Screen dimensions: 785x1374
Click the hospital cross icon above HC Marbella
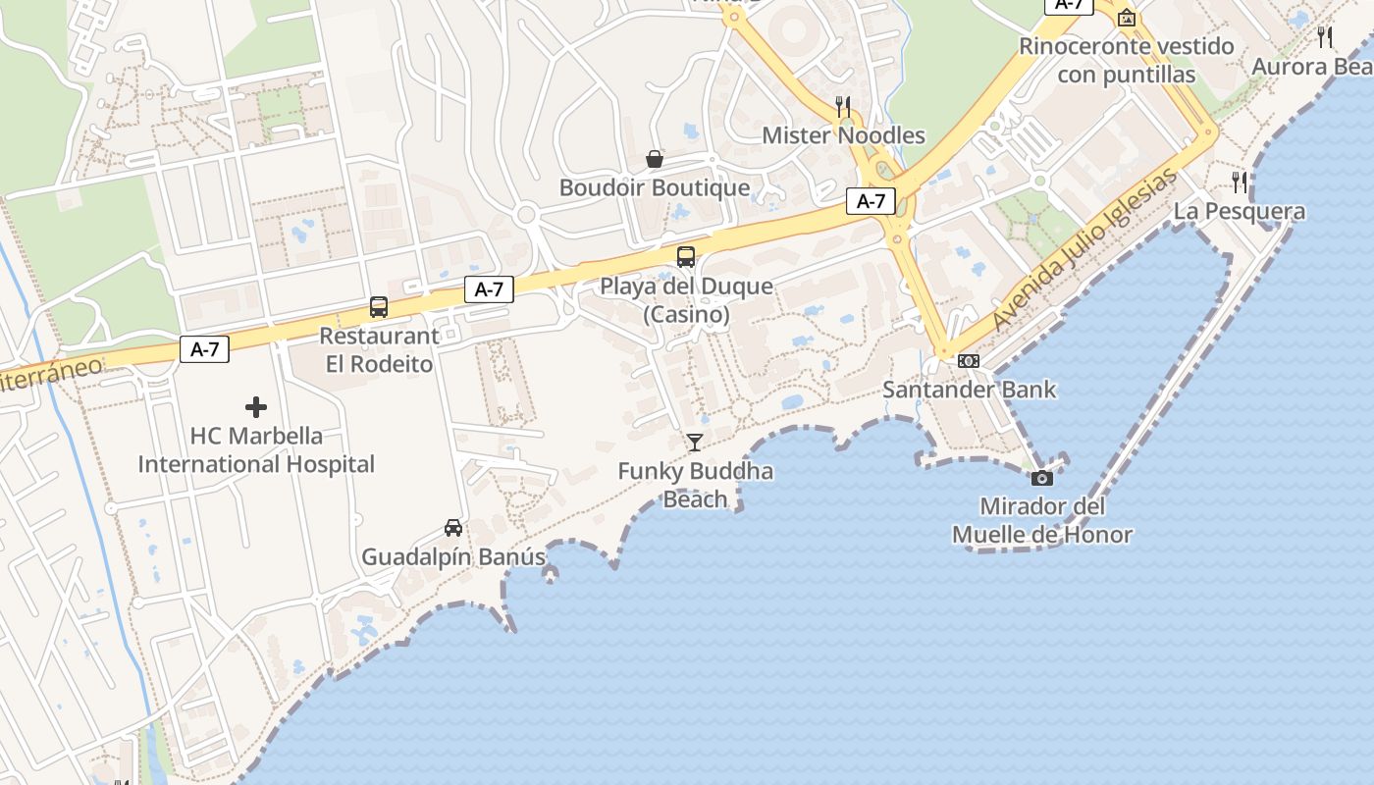point(256,406)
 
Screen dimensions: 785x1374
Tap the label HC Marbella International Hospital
point(256,449)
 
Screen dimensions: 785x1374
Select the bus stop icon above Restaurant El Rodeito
point(379,306)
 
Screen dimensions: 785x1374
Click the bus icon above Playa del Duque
point(686,257)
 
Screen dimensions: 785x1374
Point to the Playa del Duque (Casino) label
point(687,300)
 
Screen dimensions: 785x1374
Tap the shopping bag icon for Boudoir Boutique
point(654,159)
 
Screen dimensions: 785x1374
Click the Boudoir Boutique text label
point(655,187)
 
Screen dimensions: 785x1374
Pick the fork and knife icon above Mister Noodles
point(843,106)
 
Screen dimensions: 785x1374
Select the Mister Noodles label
point(844,135)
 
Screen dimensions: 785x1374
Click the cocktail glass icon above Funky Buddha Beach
point(695,443)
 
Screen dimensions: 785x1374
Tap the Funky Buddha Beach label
point(695,485)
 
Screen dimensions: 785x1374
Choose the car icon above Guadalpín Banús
point(453,528)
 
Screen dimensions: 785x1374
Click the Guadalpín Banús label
point(453,557)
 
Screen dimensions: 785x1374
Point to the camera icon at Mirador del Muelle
point(1042,478)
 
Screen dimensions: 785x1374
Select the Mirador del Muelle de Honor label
point(1042,521)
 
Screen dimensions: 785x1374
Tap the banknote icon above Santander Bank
point(969,361)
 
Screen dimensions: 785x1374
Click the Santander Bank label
point(970,390)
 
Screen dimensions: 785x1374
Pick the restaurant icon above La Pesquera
point(1240,182)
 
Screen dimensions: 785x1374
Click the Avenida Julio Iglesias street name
point(1083,250)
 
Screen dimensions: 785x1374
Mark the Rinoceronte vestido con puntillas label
point(1127,60)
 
